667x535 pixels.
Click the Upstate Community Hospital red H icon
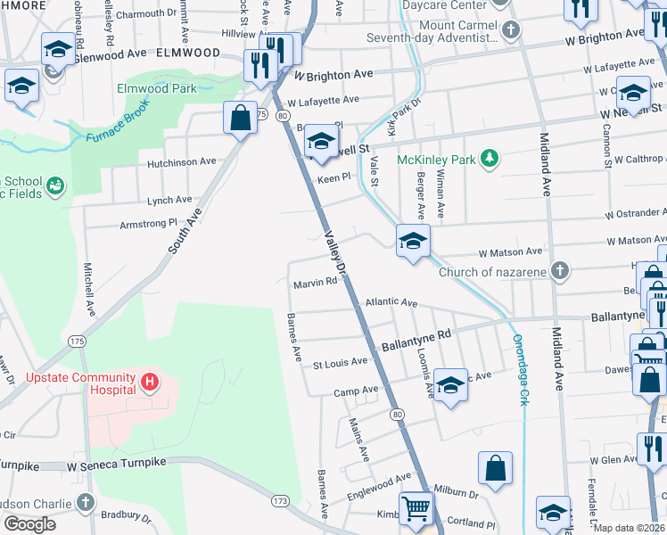coord(150,383)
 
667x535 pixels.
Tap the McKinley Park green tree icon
coord(489,159)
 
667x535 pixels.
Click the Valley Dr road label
coord(334,251)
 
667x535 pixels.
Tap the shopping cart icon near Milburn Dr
coord(416,509)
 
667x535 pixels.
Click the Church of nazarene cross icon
coord(559,272)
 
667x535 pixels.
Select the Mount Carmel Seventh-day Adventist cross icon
coord(510,31)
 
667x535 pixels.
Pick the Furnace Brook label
coord(119,125)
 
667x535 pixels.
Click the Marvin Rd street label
coord(315,284)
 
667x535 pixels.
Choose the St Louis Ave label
coord(340,362)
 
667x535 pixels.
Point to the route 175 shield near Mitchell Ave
coord(77,342)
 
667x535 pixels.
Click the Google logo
coord(29,524)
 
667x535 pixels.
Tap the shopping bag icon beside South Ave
coord(240,119)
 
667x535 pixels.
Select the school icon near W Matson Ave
coord(413,241)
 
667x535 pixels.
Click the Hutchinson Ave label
coord(182,162)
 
